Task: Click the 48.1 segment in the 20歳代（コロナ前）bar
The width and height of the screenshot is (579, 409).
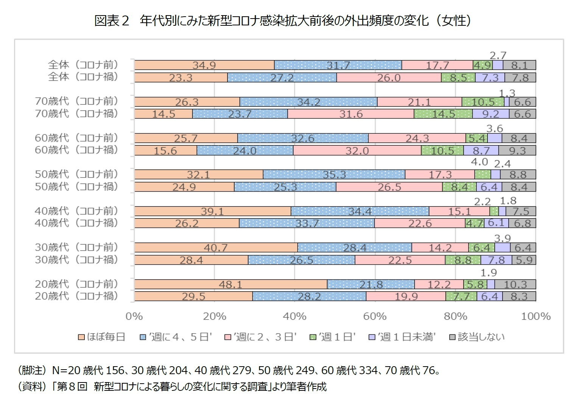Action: click(x=230, y=284)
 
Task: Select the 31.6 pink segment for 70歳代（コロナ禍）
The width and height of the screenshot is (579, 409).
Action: click(x=350, y=114)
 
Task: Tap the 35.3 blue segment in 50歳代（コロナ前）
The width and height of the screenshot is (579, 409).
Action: click(x=334, y=175)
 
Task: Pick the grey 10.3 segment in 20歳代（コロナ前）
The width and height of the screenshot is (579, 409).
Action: click(x=515, y=284)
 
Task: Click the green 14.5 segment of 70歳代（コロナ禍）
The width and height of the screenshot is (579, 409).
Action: click(x=443, y=114)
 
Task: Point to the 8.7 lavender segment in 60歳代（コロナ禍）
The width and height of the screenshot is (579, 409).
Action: click(x=481, y=150)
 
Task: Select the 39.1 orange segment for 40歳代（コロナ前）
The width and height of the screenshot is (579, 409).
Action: click(x=212, y=211)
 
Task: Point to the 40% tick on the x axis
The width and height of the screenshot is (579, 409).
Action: click(x=294, y=316)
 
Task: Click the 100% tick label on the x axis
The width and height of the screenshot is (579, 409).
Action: click(x=535, y=316)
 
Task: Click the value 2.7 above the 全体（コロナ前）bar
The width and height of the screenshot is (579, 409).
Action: click(x=498, y=55)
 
